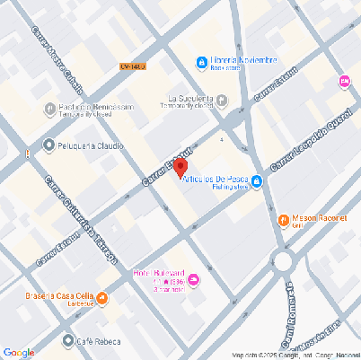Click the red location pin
click(x=180, y=167)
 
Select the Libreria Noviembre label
click(x=238, y=61)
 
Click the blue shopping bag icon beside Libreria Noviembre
click(x=201, y=62)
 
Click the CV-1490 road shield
click(x=132, y=66)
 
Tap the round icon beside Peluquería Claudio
click(x=48, y=145)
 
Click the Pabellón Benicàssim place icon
click(x=50, y=109)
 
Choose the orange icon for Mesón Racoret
click(x=284, y=219)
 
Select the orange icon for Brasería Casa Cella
click(x=101, y=298)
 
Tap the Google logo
click(x=19, y=352)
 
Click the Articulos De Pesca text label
click(x=214, y=180)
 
